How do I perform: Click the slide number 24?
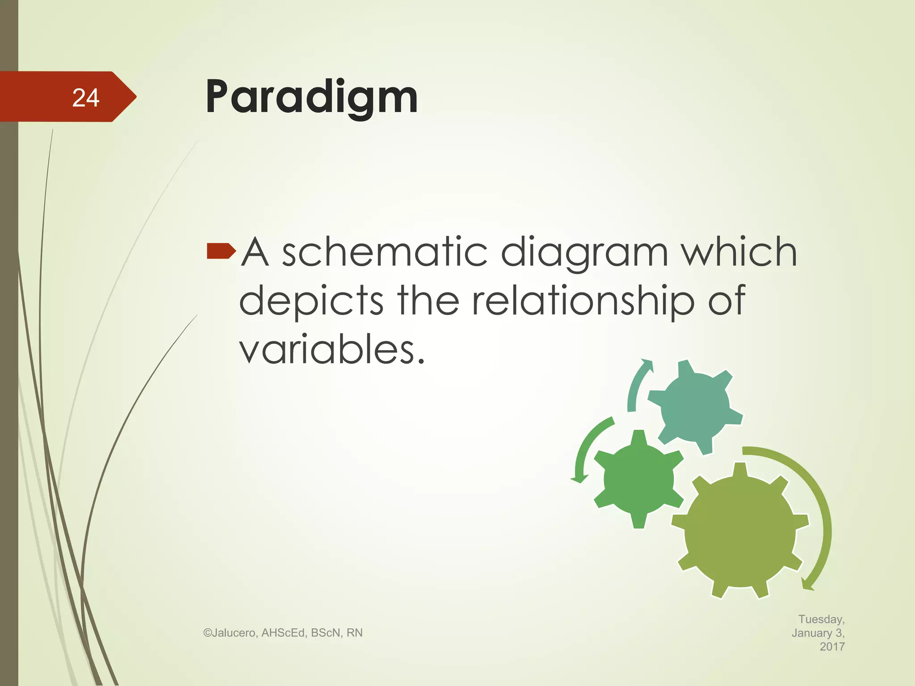point(85,98)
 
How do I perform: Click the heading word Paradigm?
point(311,97)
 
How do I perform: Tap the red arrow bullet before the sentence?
point(221,251)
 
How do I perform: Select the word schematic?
point(384,252)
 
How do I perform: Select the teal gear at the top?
point(695,406)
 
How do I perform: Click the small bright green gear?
point(638,479)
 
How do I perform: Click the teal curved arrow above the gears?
point(637,384)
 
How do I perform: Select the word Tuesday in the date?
point(821,619)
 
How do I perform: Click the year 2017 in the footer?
point(832,646)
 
